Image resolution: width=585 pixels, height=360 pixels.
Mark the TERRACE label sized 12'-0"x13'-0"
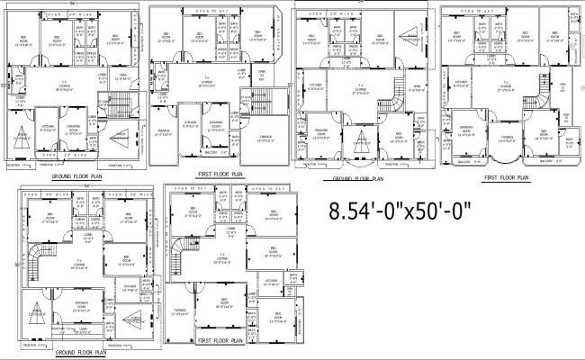pos(164,131)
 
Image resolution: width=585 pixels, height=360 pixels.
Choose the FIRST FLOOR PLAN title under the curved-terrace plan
pos(506,178)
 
